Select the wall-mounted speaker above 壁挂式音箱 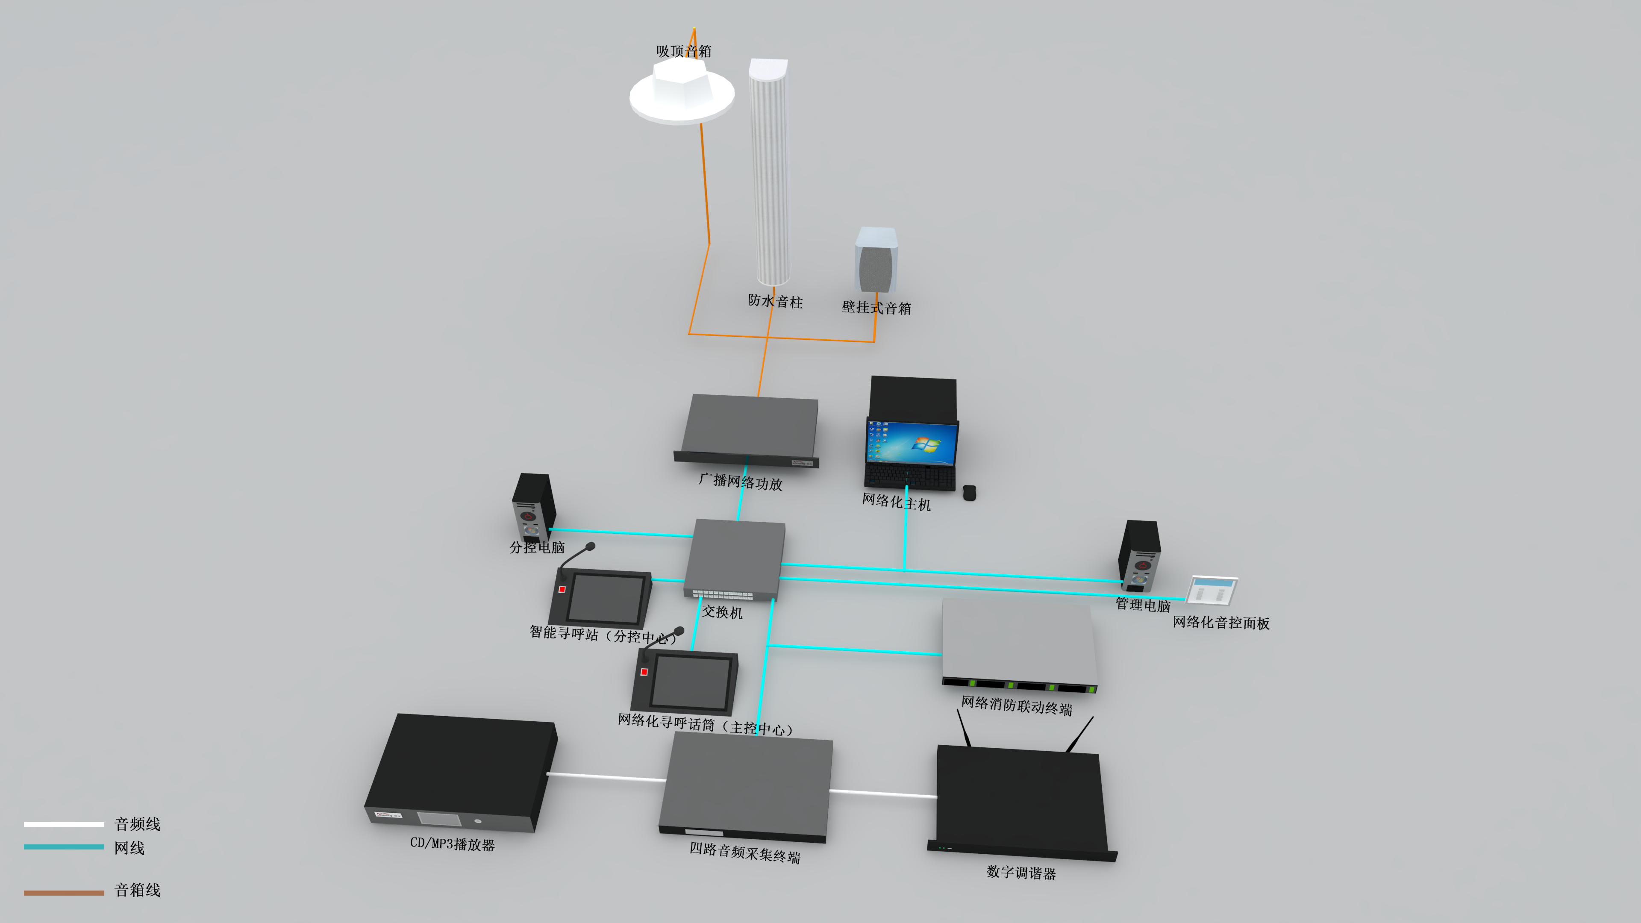pos(876,261)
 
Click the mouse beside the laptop pos(969,492)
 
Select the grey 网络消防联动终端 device pos(1018,644)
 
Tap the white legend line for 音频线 pos(64,824)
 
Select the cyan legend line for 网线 pos(64,847)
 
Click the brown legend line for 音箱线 pos(64,892)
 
